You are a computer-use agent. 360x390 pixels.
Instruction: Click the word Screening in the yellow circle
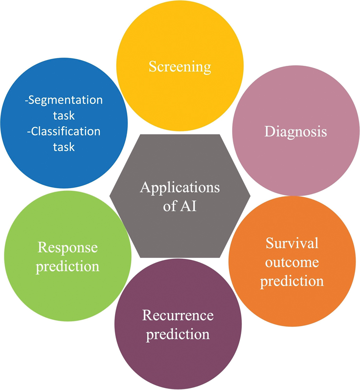(180, 66)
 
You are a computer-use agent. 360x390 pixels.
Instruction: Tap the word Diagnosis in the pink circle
(295, 132)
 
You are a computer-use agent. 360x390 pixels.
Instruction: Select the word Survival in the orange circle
(292, 243)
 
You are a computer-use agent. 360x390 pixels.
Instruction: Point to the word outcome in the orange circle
(292, 262)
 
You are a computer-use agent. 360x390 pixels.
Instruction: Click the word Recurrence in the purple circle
(178, 315)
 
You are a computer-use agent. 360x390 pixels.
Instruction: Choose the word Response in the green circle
(68, 247)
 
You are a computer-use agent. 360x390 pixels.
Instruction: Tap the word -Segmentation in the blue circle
(64, 100)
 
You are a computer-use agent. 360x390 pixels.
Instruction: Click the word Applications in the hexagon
(180, 188)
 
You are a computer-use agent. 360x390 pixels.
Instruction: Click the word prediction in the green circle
(68, 266)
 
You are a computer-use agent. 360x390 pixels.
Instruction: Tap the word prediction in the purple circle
(178, 334)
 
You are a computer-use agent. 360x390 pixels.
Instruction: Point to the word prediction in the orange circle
(292, 281)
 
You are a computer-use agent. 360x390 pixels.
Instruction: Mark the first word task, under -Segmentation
(64, 116)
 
